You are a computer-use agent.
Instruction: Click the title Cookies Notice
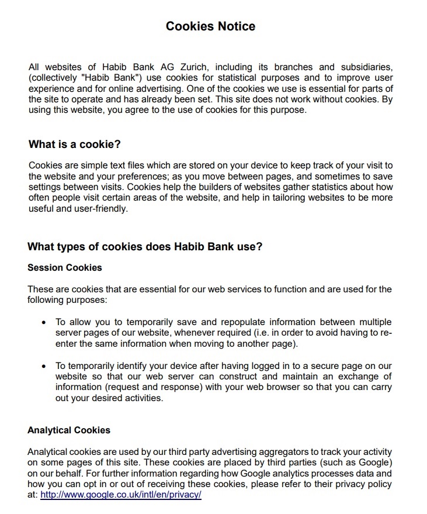[210, 26]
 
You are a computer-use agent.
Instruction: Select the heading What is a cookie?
[74, 144]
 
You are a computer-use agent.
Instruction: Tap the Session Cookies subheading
[64, 268]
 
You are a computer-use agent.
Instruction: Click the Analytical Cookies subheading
[68, 430]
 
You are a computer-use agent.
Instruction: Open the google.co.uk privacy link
[121, 494]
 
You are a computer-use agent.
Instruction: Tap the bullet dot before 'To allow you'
[44, 323]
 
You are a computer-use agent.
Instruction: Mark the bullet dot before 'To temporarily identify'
[44, 366]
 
